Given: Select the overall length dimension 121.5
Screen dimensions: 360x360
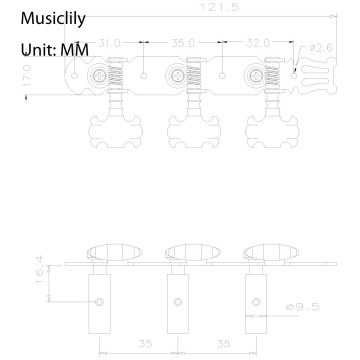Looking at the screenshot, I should click(189, 6).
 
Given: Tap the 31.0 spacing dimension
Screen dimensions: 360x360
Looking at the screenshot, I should click(111, 44).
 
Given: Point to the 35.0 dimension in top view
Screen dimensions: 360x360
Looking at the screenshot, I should click(182, 44).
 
